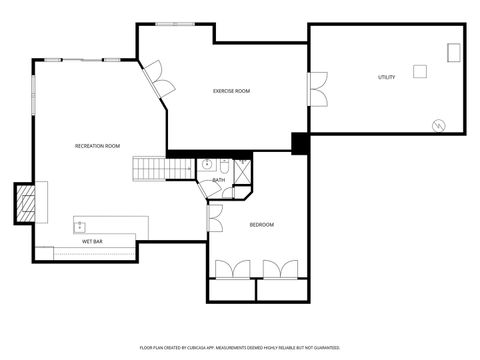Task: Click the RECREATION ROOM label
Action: tap(97, 146)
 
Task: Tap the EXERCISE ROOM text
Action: tap(231, 91)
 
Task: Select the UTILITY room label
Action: tap(386, 77)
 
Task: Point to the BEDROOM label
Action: tap(261, 224)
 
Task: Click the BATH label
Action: tap(218, 180)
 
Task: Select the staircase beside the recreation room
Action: tap(150, 168)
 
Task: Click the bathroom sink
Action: tap(208, 164)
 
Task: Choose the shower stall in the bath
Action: tap(242, 170)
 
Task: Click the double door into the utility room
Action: tap(317, 88)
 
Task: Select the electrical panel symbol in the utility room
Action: tap(437, 124)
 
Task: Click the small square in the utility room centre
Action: tap(420, 70)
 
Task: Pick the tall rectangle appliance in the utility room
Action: tap(454, 51)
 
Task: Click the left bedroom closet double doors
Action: tap(232, 268)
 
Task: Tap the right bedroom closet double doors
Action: tap(281, 268)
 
